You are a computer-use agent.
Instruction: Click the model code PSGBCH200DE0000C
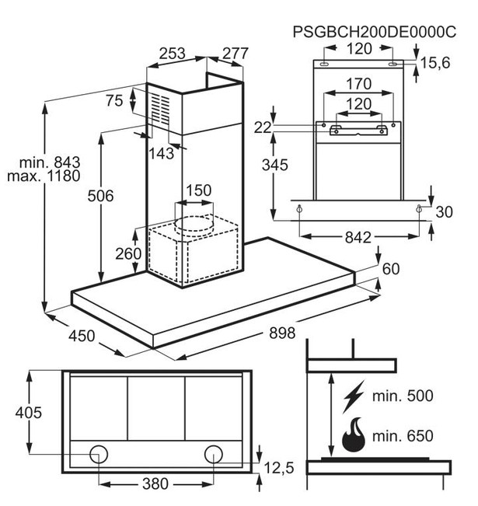coord(375,32)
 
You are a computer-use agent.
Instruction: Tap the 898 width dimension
coord(282,333)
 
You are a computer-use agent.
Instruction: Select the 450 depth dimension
coord(82,336)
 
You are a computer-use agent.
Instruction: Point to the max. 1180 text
coord(44,176)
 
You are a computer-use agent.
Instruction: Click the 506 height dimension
coord(100,196)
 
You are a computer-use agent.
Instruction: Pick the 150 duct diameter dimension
coord(199,190)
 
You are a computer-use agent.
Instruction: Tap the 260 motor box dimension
coord(128,254)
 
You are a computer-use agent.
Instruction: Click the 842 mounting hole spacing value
coord(358,238)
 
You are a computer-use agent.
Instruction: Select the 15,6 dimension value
coord(434,62)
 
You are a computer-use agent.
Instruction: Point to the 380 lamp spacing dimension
coord(155,483)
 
